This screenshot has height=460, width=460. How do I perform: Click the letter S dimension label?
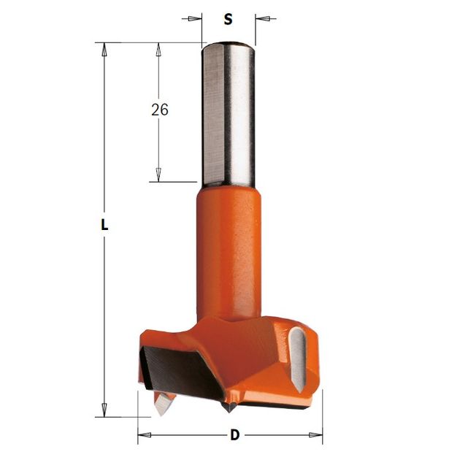click(x=228, y=19)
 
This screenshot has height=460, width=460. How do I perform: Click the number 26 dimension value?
click(x=160, y=110)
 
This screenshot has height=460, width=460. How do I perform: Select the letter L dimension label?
click(x=104, y=225)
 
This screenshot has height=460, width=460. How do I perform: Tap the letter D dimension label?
click(x=234, y=434)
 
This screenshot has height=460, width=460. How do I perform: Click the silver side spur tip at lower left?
click(x=162, y=405)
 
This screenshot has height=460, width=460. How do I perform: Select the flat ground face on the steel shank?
click(x=213, y=115)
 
